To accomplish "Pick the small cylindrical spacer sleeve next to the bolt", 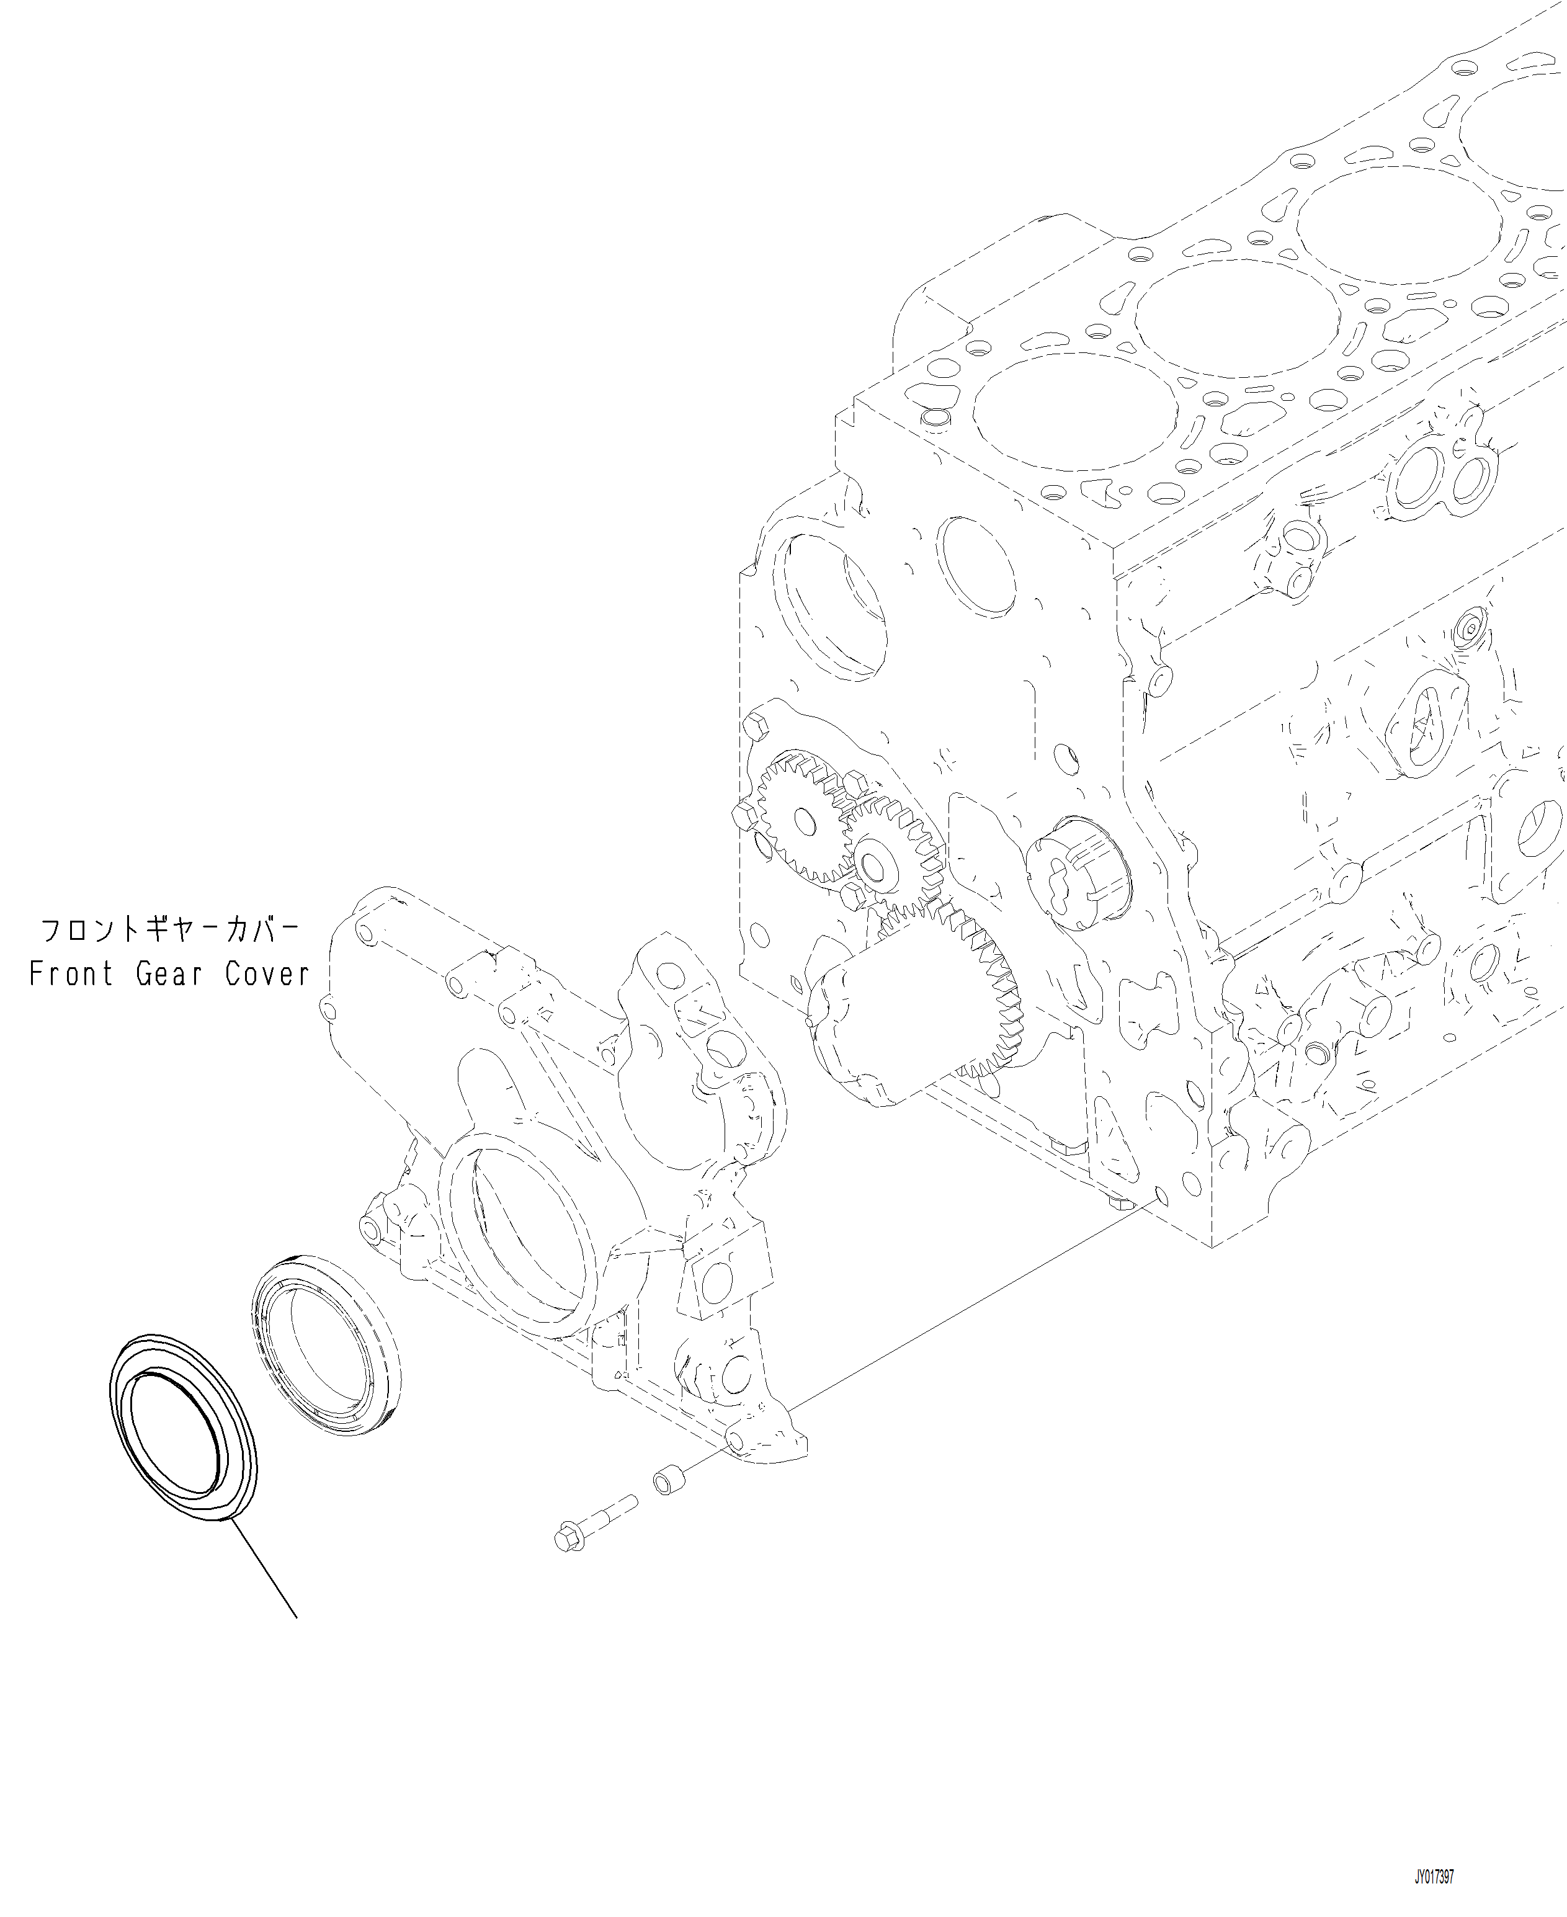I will point(669,1481).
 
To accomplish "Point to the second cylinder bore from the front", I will point(1236,311).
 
